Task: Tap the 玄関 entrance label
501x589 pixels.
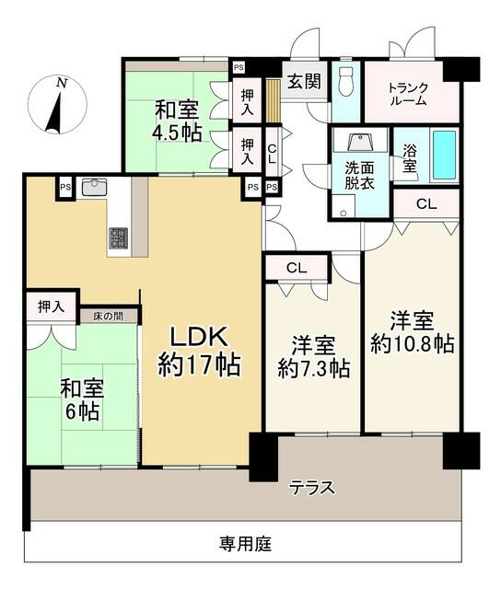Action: click(303, 80)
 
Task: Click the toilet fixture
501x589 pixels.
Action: click(346, 83)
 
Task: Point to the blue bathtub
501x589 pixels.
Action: click(444, 156)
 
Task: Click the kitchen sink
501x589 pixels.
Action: click(96, 188)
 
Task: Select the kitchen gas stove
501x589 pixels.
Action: click(120, 237)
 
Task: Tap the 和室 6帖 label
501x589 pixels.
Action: click(81, 397)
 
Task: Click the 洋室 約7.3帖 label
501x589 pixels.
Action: click(313, 357)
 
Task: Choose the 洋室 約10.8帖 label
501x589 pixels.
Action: click(411, 332)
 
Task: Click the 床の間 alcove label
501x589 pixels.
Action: click(108, 316)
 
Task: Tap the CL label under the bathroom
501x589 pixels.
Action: click(425, 204)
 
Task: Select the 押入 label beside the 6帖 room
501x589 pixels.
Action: click(52, 306)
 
